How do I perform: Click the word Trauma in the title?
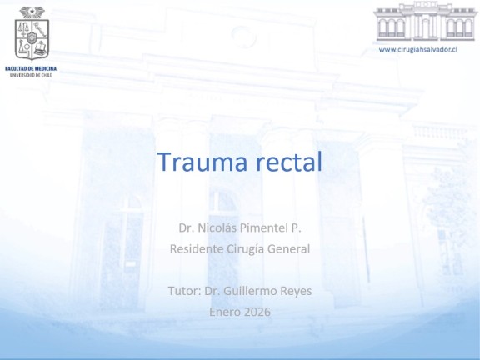coord(202,162)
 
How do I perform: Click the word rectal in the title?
coord(289,162)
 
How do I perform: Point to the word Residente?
coord(197,248)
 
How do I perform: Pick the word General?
coord(288,248)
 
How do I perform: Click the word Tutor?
coord(184,291)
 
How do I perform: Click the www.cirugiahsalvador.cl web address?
coord(418,50)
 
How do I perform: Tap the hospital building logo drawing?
coord(426,21)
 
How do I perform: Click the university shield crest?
coord(32,39)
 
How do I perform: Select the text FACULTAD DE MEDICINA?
coord(31,68)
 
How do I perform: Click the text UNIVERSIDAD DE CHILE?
coord(31,75)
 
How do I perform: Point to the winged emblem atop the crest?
coord(32,12)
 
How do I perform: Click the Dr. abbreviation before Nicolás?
coord(187,227)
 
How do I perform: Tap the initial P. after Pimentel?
coord(297,227)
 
